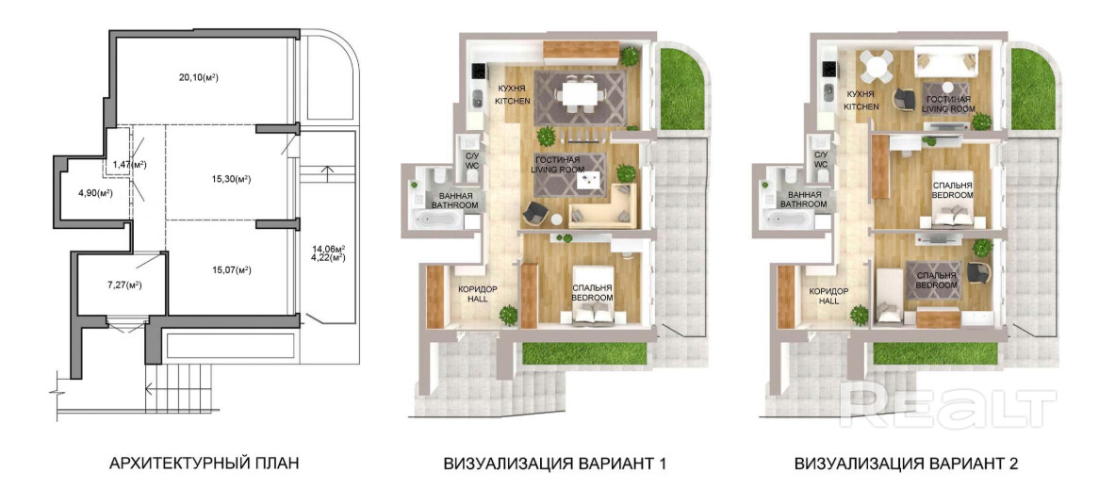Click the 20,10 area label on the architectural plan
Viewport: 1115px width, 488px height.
tap(189, 78)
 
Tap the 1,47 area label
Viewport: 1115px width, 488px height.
tap(129, 165)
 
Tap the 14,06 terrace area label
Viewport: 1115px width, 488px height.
tap(329, 249)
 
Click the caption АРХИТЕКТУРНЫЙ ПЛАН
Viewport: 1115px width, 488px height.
tap(204, 464)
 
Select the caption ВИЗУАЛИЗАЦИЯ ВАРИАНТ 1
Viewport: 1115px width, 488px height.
tap(554, 464)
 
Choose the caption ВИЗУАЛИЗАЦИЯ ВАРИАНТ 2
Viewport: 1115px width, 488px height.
tap(908, 464)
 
